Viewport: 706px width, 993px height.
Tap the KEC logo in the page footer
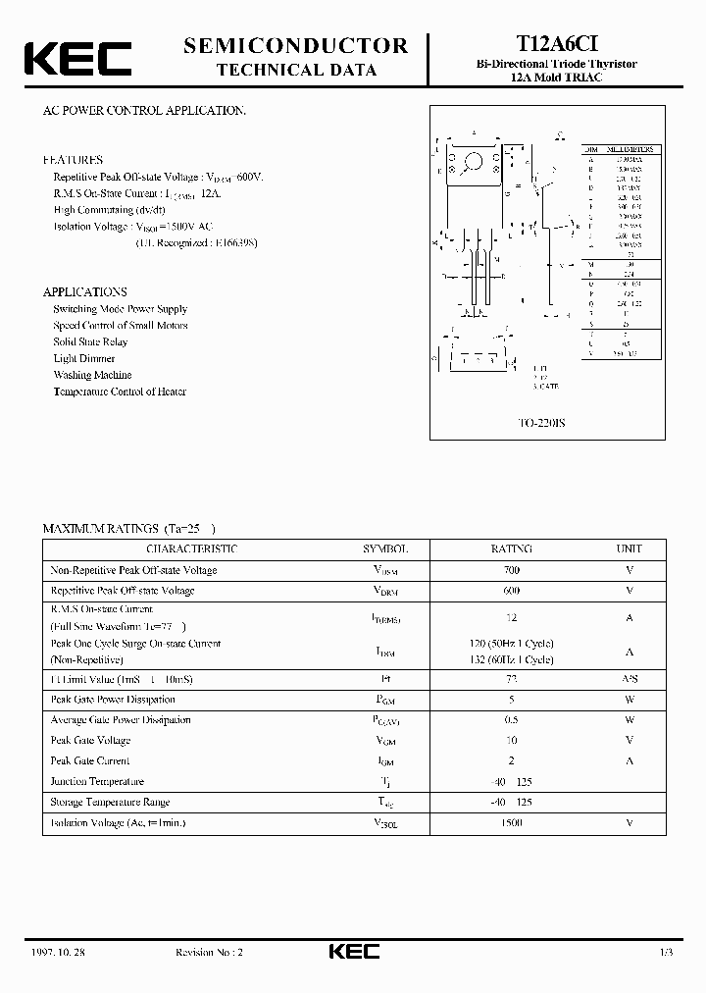(353, 951)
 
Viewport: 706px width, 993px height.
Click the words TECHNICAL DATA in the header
(295, 71)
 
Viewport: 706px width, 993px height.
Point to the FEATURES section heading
(73, 159)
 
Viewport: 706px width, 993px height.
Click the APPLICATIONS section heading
(85, 291)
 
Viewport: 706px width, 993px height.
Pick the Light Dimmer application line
(84, 358)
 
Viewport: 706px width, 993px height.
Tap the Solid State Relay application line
(90, 341)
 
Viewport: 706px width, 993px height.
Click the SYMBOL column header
(385, 549)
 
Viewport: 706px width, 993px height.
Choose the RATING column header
(511, 549)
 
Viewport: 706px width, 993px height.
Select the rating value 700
(511, 570)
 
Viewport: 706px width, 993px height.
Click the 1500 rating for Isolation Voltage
(511, 822)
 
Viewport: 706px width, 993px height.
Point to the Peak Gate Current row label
(90, 761)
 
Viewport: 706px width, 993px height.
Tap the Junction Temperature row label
(97, 782)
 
